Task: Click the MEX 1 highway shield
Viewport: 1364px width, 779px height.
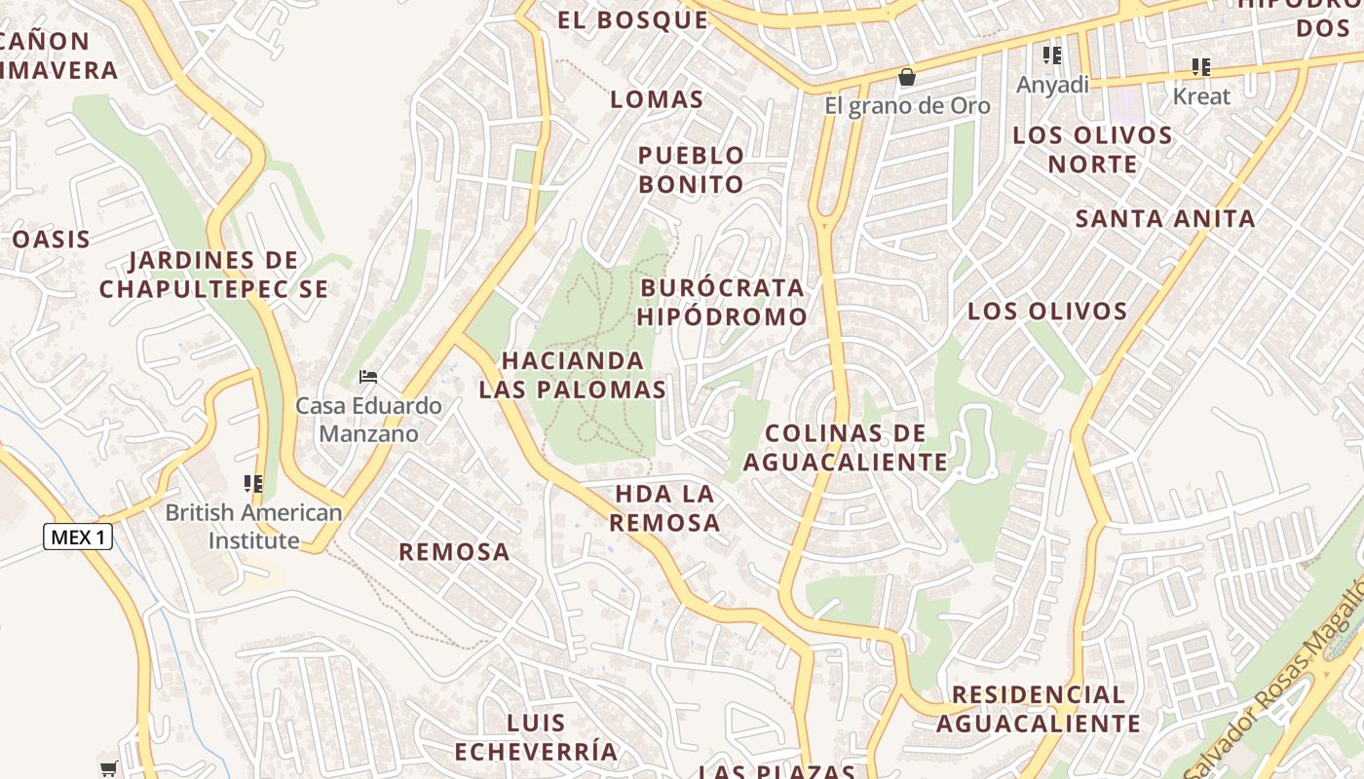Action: tap(78, 537)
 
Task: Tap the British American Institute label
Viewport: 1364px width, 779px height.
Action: tap(253, 526)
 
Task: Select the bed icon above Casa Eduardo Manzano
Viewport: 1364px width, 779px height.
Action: tap(368, 376)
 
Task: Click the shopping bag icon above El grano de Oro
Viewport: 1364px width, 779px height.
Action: tap(907, 76)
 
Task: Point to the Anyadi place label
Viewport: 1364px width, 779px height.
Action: tap(1052, 85)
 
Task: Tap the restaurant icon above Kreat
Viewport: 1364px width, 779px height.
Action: tap(1201, 67)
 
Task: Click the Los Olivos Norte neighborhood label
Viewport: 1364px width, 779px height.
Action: tap(1092, 149)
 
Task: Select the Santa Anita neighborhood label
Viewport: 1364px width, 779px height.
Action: tap(1165, 219)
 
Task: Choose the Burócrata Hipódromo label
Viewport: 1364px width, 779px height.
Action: tap(723, 302)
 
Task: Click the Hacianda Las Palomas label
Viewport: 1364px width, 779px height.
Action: tap(573, 375)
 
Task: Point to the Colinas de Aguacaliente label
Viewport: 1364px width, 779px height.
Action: tap(846, 447)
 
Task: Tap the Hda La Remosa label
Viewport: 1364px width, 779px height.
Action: tap(665, 507)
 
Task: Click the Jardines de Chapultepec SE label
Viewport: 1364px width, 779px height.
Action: tap(213, 275)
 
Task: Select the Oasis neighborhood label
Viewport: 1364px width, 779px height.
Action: tap(52, 240)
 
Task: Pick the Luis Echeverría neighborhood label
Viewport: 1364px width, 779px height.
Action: tap(536, 737)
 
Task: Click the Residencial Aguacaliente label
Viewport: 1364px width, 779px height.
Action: tap(1039, 709)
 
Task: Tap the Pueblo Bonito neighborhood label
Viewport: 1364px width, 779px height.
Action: tap(691, 169)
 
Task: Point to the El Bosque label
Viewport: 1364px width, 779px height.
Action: tap(633, 19)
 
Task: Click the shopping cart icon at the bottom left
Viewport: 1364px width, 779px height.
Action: tap(109, 768)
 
